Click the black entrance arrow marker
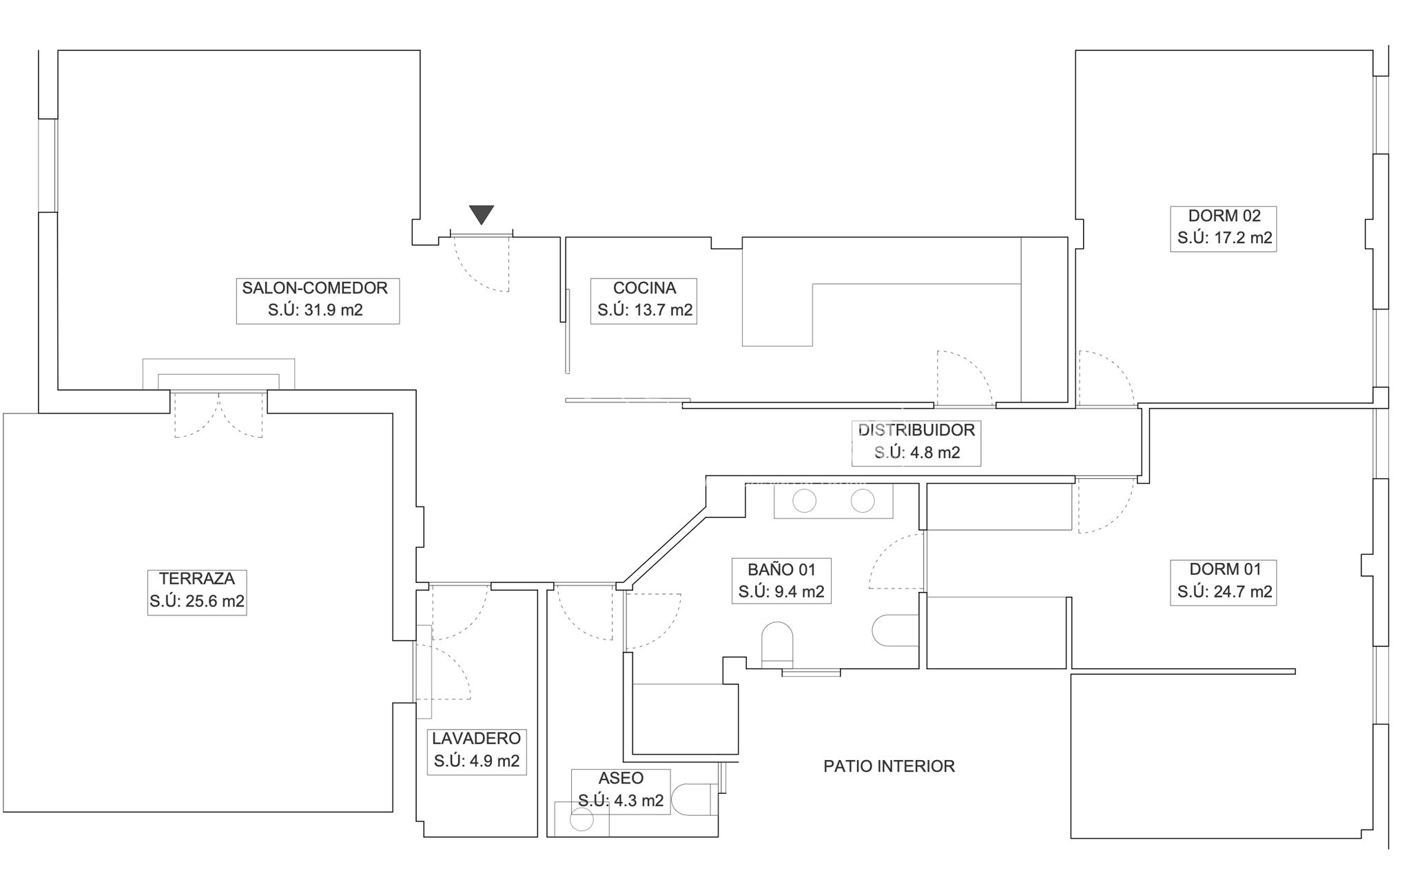pos(482,214)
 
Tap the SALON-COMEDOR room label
pos(315,288)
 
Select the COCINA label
pos(644,288)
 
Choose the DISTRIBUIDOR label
pos(916,430)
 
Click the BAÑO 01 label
pos(781,569)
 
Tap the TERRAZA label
pos(197,578)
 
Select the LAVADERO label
pos(476,739)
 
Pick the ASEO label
pos(621,778)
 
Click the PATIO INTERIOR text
pos(889,766)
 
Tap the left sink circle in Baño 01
pos(804,501)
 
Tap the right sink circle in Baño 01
pos(863,501)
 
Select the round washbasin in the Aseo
pos(582,820)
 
